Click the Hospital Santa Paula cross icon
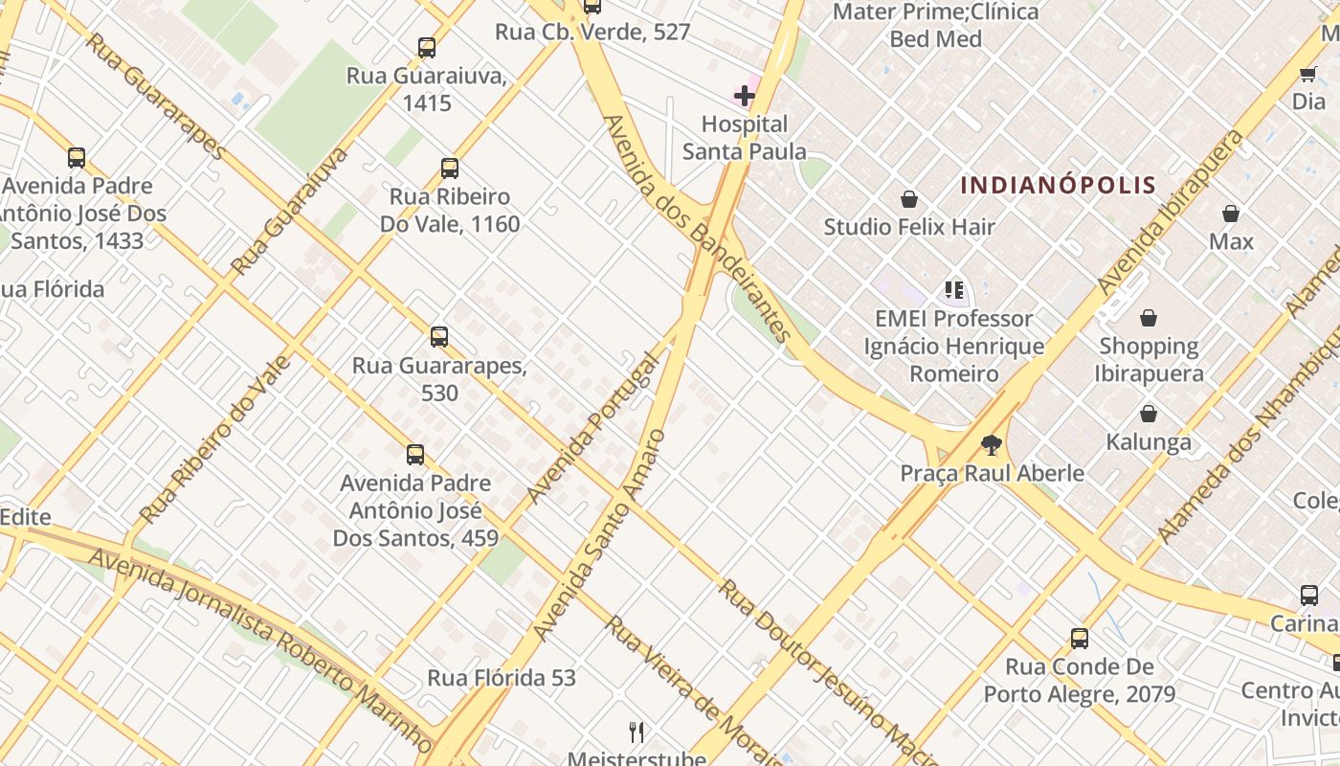(x=744, y=95)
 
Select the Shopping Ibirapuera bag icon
(x=1148, y=318)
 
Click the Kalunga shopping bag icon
(x=1148, y=414)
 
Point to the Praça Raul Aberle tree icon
(x=992, y=444)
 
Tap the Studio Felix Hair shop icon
(x=908, y=199)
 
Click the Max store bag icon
(x=1231, y=214)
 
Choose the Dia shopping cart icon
(x=1307, y=74)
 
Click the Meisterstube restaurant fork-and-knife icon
(x=636, y=732)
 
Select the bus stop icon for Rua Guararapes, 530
(x=439, y=337)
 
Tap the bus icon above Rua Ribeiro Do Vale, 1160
(x=450, y=169)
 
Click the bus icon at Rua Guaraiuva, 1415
(x=427, y=48)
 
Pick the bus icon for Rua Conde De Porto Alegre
(x=1080, y=638)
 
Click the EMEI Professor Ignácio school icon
(x=953, y=289)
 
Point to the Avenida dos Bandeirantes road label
(x=699, y=230)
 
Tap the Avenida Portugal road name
(x=594, y=429)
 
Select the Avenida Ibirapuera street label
(x=1172, y=213)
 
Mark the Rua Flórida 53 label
(x=502, y=678)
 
